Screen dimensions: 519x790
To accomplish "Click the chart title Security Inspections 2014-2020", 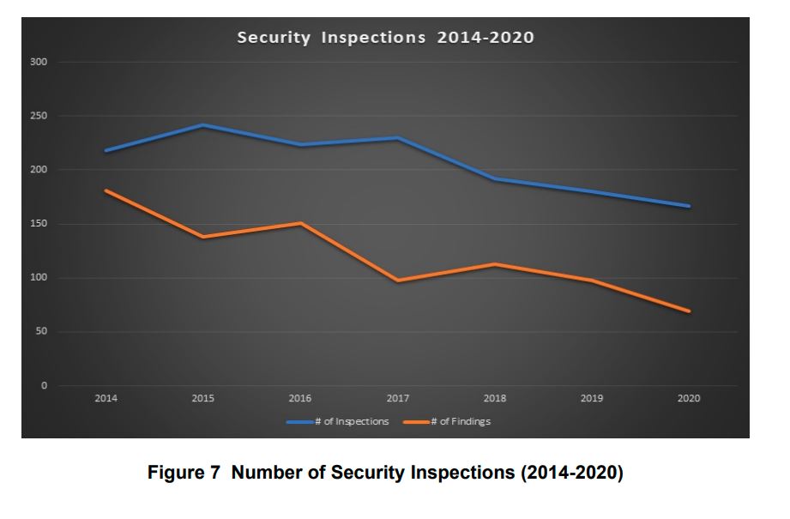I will click(x=385, y=38).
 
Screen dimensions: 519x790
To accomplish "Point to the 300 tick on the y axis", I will click(x=39, y=62).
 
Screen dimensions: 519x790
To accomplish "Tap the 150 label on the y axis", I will click(x=39, y=224).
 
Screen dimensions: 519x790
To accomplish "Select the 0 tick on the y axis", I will click(x=44, y=386).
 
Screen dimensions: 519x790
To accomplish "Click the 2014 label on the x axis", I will click(x=106, y=399).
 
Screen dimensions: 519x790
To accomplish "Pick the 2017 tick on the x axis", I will click(x=397, y=399).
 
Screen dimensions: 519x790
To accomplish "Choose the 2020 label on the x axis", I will click(x=689, y=399).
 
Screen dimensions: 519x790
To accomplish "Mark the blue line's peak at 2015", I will click(x=203, y=125).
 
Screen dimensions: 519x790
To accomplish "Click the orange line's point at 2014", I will click(x=106, y=190).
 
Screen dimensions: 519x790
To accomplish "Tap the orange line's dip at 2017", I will click(x=397, y=281).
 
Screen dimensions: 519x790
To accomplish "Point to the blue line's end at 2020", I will click(x=689, y=206).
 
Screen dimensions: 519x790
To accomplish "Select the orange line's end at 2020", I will click(x=689, y=311).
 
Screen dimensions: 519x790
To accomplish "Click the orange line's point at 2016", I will click(x=300, y=223).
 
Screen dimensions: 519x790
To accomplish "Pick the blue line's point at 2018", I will click(x=495, y=179).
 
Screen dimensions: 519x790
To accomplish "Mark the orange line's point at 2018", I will click(x=495, y=264).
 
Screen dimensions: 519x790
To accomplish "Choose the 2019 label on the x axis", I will click(x=592, y=399).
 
